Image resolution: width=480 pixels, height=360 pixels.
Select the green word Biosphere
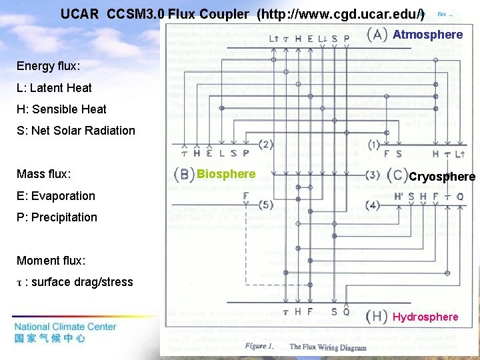(226, 174)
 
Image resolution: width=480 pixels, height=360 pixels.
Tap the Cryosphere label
(442, 177)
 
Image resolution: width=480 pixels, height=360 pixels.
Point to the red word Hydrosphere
(425, 317)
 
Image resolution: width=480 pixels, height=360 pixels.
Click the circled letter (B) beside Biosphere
(184, 175)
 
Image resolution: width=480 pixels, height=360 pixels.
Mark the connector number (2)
(265, 144)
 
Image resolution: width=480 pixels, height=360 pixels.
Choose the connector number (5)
(265, 205)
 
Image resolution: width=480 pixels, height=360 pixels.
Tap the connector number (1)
(373, 144)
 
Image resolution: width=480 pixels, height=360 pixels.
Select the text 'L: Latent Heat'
(54, 87)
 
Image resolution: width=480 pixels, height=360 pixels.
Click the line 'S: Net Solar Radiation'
(75, 130)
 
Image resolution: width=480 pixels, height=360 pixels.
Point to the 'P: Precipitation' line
(57, 217)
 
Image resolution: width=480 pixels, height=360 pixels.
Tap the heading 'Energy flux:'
(48, 66)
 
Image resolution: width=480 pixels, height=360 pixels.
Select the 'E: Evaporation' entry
(55, 195)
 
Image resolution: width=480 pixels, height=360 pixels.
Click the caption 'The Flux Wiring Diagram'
(327, 347)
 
